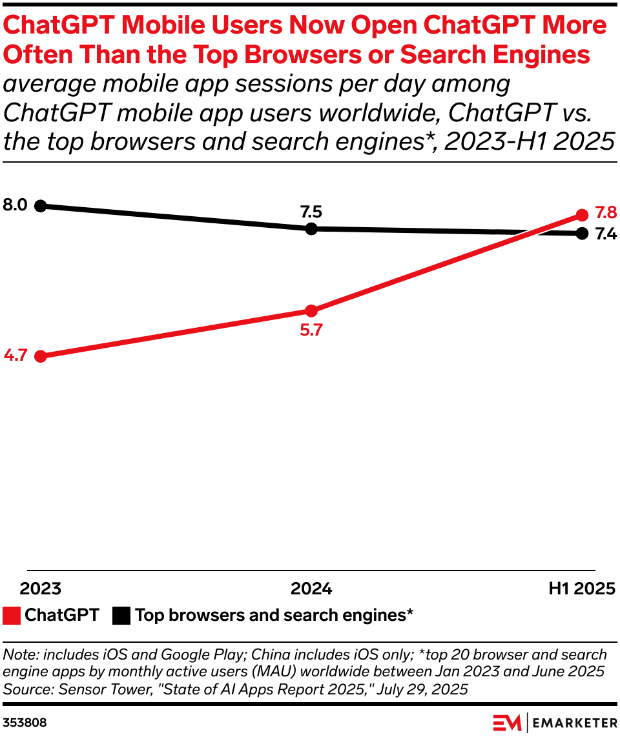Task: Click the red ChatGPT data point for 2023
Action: tap(40, 356)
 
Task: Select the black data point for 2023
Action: tap(40, 206)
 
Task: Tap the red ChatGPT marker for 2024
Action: tap(311, 310)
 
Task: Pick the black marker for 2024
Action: tap(311, 228)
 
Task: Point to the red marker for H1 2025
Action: tap(581, 215)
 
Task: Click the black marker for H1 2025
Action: tap(581, 232)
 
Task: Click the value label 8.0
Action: tap(15, 206)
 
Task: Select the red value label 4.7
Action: tap(15, 356)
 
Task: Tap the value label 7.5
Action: tap(311, 212)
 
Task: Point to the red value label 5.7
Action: tap(311, 330)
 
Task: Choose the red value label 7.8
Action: tap(605, 212)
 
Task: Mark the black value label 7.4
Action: tap(605, 235)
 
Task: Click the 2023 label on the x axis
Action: tap(40, 589)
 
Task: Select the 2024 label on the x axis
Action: tap(311, 589)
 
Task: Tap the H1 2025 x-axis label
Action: tap(581, 589)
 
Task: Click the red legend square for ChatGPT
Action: tap(11, 616)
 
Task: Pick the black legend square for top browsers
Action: tap(121, 616)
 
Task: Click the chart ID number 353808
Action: tap(25, 722)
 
